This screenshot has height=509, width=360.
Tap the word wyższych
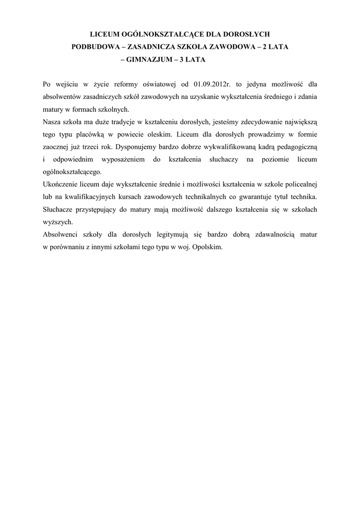[58, 222]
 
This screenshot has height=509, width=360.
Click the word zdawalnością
[269, 235]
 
